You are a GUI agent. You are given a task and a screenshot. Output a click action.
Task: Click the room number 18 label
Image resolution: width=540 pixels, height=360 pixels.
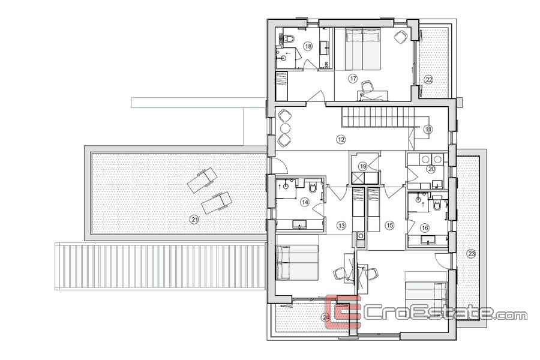308,46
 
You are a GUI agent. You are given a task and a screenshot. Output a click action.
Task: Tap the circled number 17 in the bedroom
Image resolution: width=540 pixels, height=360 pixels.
353,79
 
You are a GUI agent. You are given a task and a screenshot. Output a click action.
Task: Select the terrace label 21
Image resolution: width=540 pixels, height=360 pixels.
195,220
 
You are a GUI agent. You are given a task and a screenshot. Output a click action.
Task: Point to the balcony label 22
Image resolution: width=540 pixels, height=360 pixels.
429,80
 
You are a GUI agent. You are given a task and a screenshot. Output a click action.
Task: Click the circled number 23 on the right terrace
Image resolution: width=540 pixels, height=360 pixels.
472,254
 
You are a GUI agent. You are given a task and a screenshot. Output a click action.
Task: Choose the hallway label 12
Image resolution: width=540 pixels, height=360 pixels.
341,140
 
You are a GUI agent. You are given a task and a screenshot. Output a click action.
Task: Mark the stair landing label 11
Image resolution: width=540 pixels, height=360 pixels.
428,129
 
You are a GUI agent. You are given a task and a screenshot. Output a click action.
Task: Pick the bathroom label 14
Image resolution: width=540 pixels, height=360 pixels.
304,202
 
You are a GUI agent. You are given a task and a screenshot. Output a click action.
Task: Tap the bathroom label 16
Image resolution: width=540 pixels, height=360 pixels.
425,228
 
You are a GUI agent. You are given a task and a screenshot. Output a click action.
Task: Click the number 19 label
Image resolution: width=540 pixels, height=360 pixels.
363,166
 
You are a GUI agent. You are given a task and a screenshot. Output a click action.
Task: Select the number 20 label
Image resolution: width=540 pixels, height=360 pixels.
431,169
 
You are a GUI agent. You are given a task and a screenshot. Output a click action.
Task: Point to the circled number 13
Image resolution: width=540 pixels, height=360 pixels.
341,226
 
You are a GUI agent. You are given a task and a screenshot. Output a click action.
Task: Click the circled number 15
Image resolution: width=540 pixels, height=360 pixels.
389,226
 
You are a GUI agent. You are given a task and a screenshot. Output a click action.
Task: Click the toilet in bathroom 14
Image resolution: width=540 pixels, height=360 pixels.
313,187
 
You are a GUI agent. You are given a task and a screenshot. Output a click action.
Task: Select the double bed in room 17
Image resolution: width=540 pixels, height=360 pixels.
362,49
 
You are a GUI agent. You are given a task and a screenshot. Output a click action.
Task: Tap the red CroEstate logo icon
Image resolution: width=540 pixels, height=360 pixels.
343,311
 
